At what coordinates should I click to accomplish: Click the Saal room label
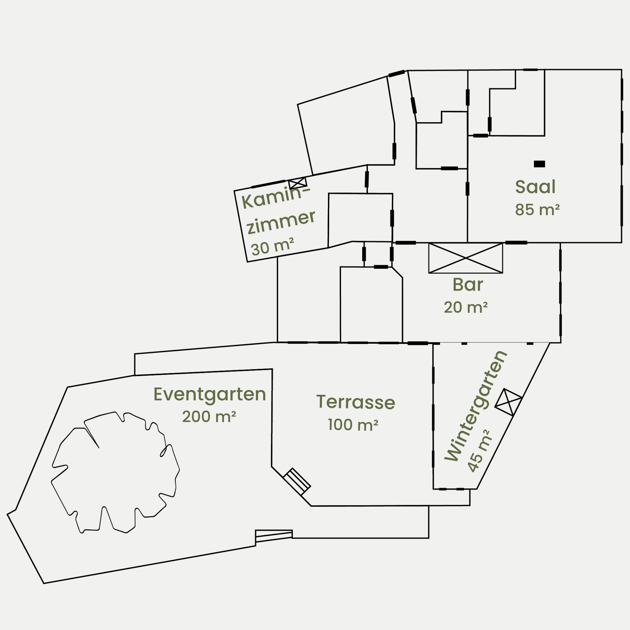click(x=535, y=187)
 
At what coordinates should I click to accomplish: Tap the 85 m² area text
click(x=537, y=210)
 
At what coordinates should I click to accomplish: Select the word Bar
click(x=467, y=285)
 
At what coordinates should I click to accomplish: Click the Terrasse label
click(x=356, y=402)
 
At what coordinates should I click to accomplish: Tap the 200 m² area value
click(x=209, y=416)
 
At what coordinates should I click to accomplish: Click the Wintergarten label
click(x=476, y=406)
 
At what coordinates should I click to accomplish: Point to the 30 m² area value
click(x=272, y=247)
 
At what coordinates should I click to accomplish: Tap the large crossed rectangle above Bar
click(x=466, y=258)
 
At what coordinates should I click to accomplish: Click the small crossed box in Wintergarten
click(x=508, y=402)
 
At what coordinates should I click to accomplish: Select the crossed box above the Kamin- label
click(x=298, y=183)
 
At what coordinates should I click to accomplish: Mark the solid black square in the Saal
click(x=539, y=164)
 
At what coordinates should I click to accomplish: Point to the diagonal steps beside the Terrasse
click(x=297, y=482)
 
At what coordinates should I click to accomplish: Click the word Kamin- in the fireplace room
click(x=276, y=198)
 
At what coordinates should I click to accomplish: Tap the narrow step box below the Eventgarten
click(x=274, y=536)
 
